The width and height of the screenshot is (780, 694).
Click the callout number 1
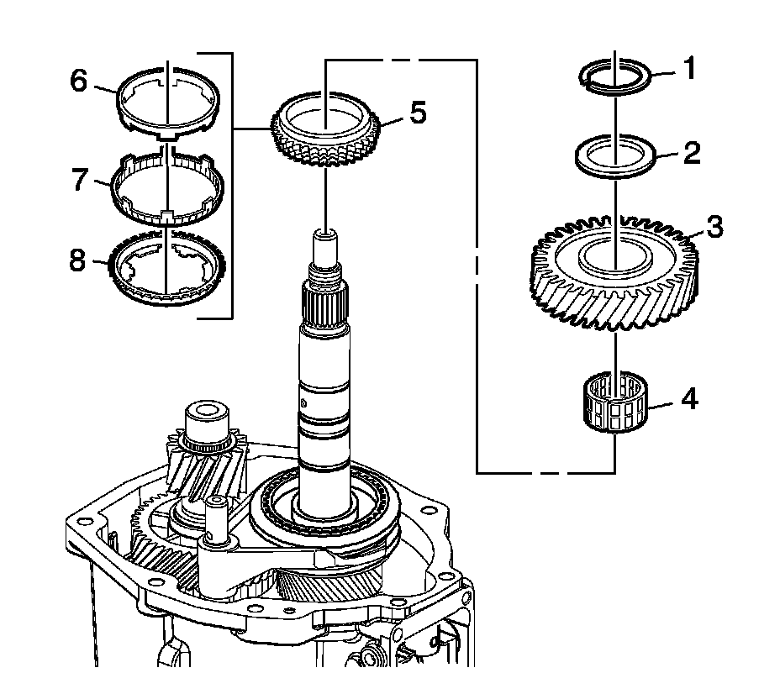(x=689, y=68)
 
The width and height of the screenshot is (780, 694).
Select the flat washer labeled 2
(x=616, y=158)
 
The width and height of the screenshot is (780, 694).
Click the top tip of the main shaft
(x=325, y=234)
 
